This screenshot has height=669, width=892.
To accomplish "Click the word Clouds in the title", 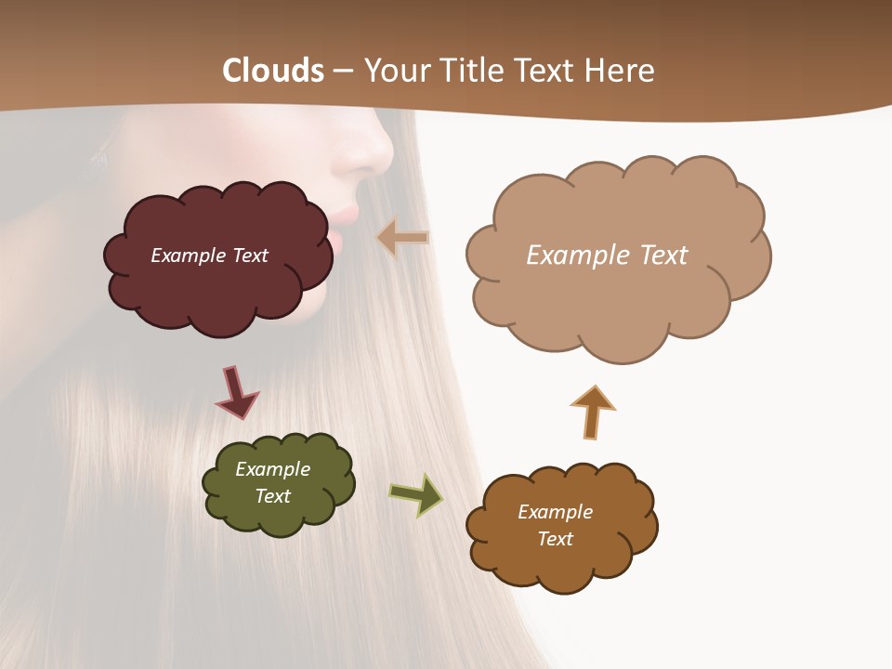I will [x=273, y=71].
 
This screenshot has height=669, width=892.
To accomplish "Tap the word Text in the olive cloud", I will [x=273, y=496].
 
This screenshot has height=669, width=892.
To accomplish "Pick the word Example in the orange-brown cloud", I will [x=555, y=512].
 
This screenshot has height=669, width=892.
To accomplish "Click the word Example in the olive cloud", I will [x=273, y=469].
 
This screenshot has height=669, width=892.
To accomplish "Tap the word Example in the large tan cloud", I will [x=572, y=256].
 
